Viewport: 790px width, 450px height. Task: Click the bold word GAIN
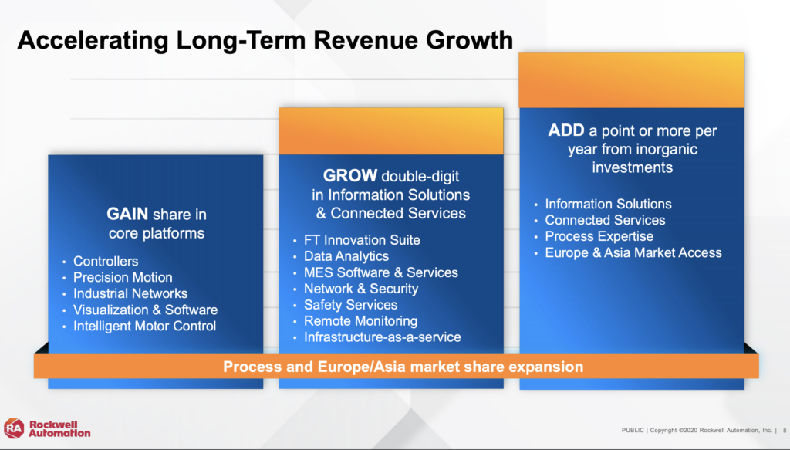pyautogui.click(x=127, y=214)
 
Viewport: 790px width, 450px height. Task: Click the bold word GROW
pyautogui.click(x=350, y=175)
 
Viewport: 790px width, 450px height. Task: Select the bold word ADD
pyautogui.click(x=565, y=130)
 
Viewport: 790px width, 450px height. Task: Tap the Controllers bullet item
pyautogui.click(x=106, y=261)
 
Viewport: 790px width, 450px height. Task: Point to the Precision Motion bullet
pyautogui.click(x=123, y=277)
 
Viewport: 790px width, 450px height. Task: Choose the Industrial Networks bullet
pyautogui.click(x=130, y=293)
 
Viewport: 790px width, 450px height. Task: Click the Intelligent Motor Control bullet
pyautogui.click(x=144, y=326)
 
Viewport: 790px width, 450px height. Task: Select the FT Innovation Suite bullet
pyautogui.click(x=362, y=240)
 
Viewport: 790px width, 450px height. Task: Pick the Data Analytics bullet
pyautogui.click(x=346, y=256)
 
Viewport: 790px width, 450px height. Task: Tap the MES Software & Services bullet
pyautogui.click(x=381, y=272)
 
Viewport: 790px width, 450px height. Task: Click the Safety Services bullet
pyautogui.click(x=351, y=305)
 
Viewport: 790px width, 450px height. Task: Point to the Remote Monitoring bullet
pyautogui.click(x=361, y=321)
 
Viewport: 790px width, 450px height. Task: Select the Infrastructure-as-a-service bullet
pyautogui.click(x=383, y=337)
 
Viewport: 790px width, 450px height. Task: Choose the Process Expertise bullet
pyautogui.click(x=599, y=236)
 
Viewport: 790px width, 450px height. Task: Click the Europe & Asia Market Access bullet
pyautogui.click(x=633, y=252)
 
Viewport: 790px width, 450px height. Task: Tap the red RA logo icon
pyautogui.click(x=14, y=428)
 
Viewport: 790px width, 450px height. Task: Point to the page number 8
pyautogui.click(x=785, y=431)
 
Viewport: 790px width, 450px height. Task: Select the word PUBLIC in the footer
pyautogui.click(x=633, y=431)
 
